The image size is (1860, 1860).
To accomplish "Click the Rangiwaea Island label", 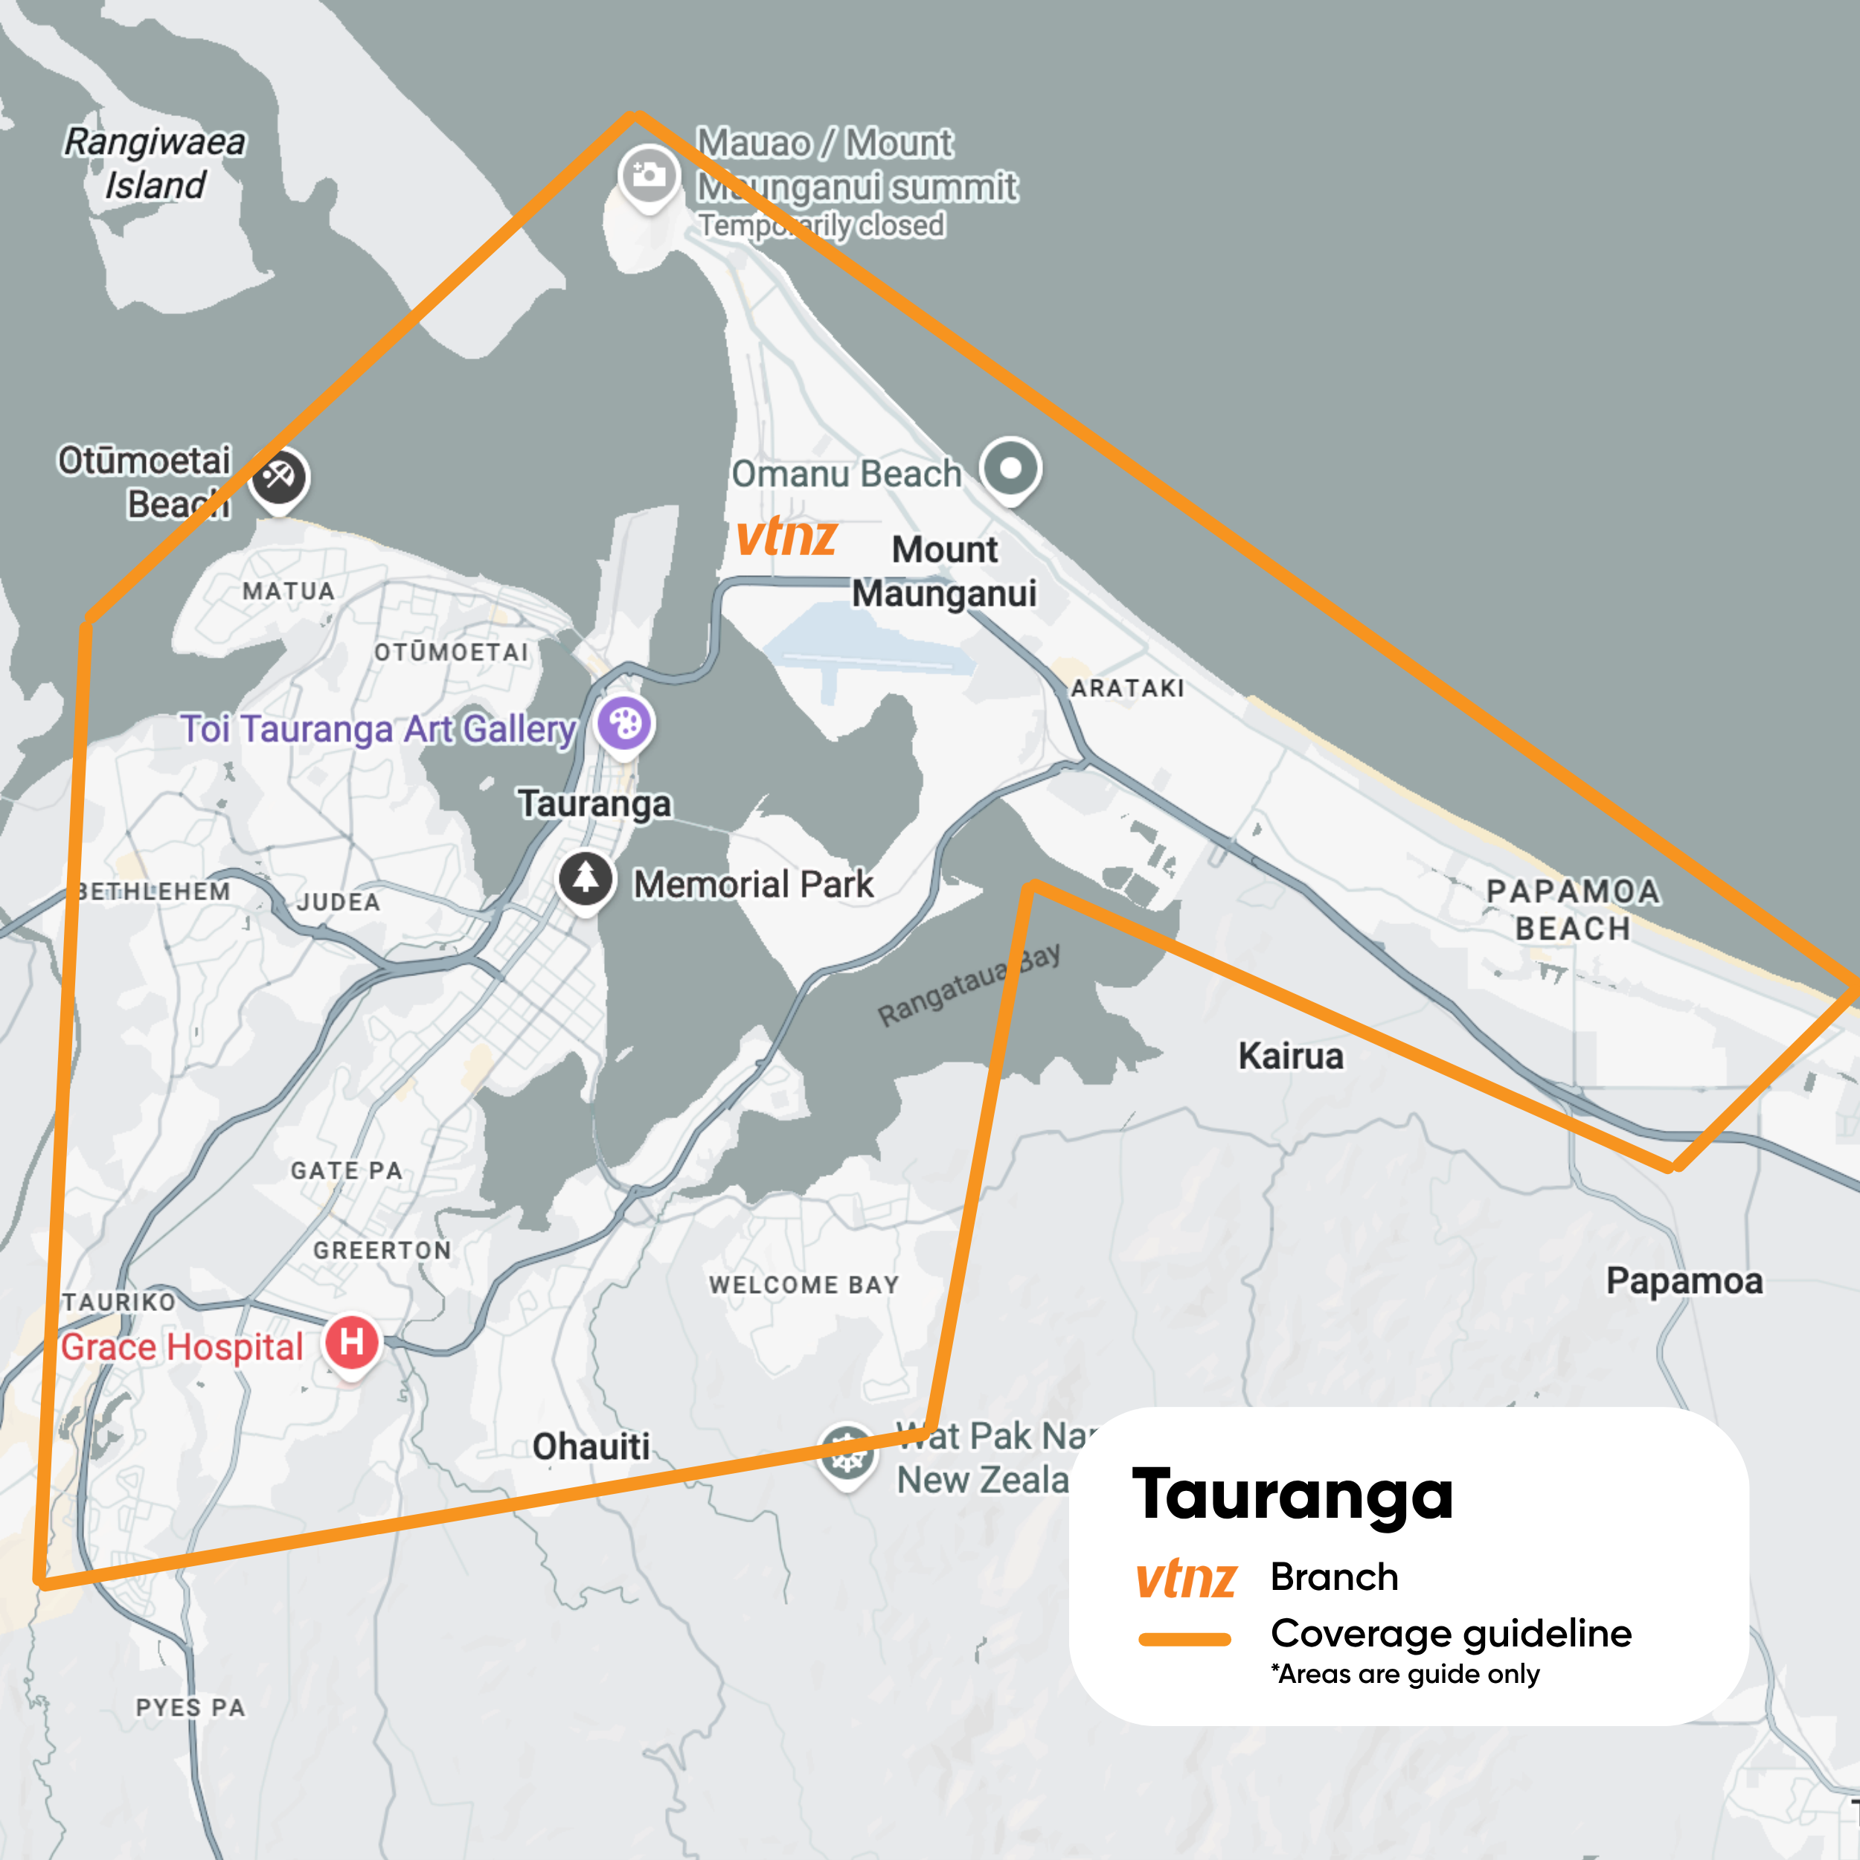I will tap(154, 163).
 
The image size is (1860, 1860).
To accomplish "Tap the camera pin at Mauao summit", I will tap(648, 176).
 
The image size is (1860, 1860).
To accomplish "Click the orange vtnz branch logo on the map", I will tap(786, 536).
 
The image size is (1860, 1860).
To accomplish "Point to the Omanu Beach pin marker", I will tap(1010, 468).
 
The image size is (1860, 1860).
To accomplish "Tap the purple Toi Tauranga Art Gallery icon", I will tap(625, 723).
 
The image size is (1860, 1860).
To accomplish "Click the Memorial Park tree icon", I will tap(586, 878).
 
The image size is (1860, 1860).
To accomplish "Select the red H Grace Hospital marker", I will tap(351, 1342).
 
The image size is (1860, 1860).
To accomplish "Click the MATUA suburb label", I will tap(289, 591).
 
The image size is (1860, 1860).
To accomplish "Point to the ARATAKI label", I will tap(1127, 688).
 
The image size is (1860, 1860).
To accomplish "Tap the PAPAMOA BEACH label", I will tap(1573, 910).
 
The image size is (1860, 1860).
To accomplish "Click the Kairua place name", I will tap(1290, 1056).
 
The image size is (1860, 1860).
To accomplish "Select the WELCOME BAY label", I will tap(804, 1284).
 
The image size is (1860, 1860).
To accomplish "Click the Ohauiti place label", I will tap(591, 1446).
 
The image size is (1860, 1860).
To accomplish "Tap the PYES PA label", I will tap(190, 1708).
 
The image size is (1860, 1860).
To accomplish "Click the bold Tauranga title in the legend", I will tap(1292, 1495).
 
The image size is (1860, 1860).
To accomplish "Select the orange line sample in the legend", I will tap(1184, 1640).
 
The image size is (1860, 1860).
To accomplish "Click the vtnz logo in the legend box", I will tap(1185, 1579).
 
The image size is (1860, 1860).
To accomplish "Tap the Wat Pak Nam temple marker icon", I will tap(846, 1454).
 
